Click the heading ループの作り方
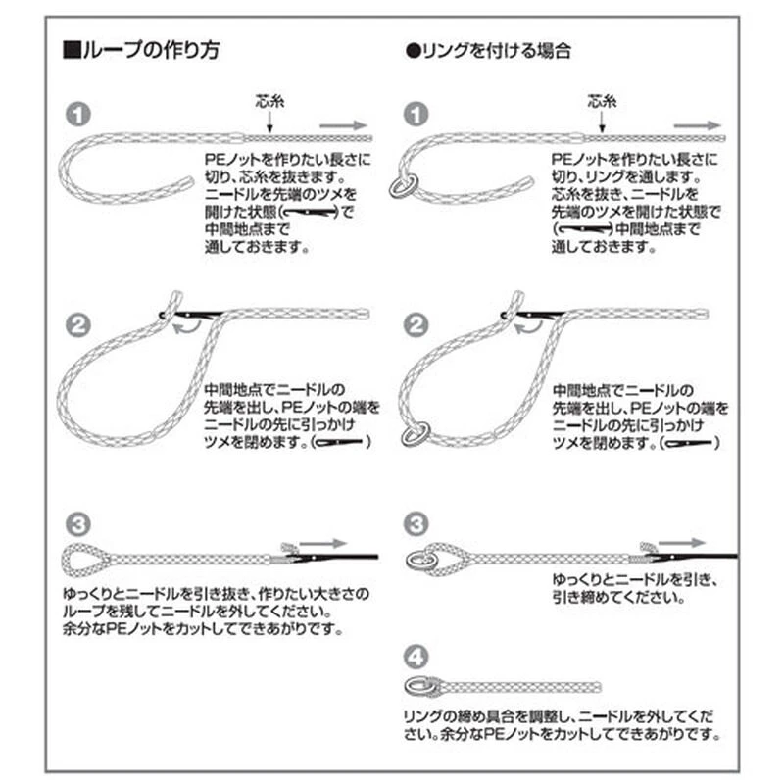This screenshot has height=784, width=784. coord(141,50)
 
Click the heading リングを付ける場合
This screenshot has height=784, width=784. coord(488,51)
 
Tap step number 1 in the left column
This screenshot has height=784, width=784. coord(78,115)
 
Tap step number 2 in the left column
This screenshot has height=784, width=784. coord(78,325)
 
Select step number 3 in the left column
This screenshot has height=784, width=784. coord(78,524)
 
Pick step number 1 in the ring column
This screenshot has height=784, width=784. coord(416,115)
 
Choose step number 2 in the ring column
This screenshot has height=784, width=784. coord(416,325)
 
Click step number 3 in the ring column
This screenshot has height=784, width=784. coord(416,524)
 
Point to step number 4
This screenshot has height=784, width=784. coord(416,657)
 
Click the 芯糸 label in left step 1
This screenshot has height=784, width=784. coord(270,102)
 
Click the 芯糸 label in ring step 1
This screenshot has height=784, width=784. coord(602,102)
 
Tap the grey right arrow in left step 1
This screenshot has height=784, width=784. coord(344,125)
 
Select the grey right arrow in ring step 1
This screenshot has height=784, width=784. coord(698,125)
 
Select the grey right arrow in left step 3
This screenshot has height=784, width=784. coord(323,543)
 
